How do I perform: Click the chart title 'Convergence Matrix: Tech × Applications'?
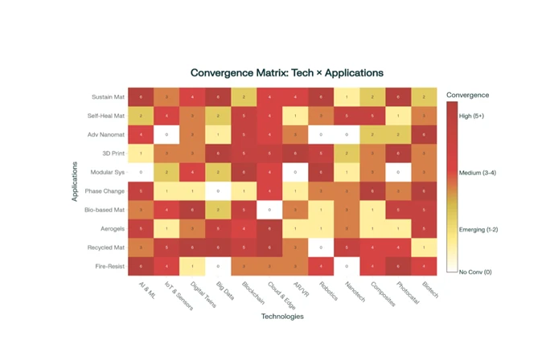click(x=286, y=72)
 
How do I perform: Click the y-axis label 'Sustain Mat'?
click(x=108, y=97)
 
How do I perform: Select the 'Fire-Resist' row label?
click(x=108, y=265)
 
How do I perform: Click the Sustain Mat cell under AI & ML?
click(x=142, y=97)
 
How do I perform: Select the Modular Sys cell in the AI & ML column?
click(x=142, y=172)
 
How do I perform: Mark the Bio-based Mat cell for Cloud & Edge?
click(x=269, y=209)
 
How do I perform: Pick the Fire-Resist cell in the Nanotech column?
click(x=346, y=265)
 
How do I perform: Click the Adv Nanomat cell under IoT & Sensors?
click(x=167, y=134)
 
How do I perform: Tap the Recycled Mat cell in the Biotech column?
click(x=423, y=247)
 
